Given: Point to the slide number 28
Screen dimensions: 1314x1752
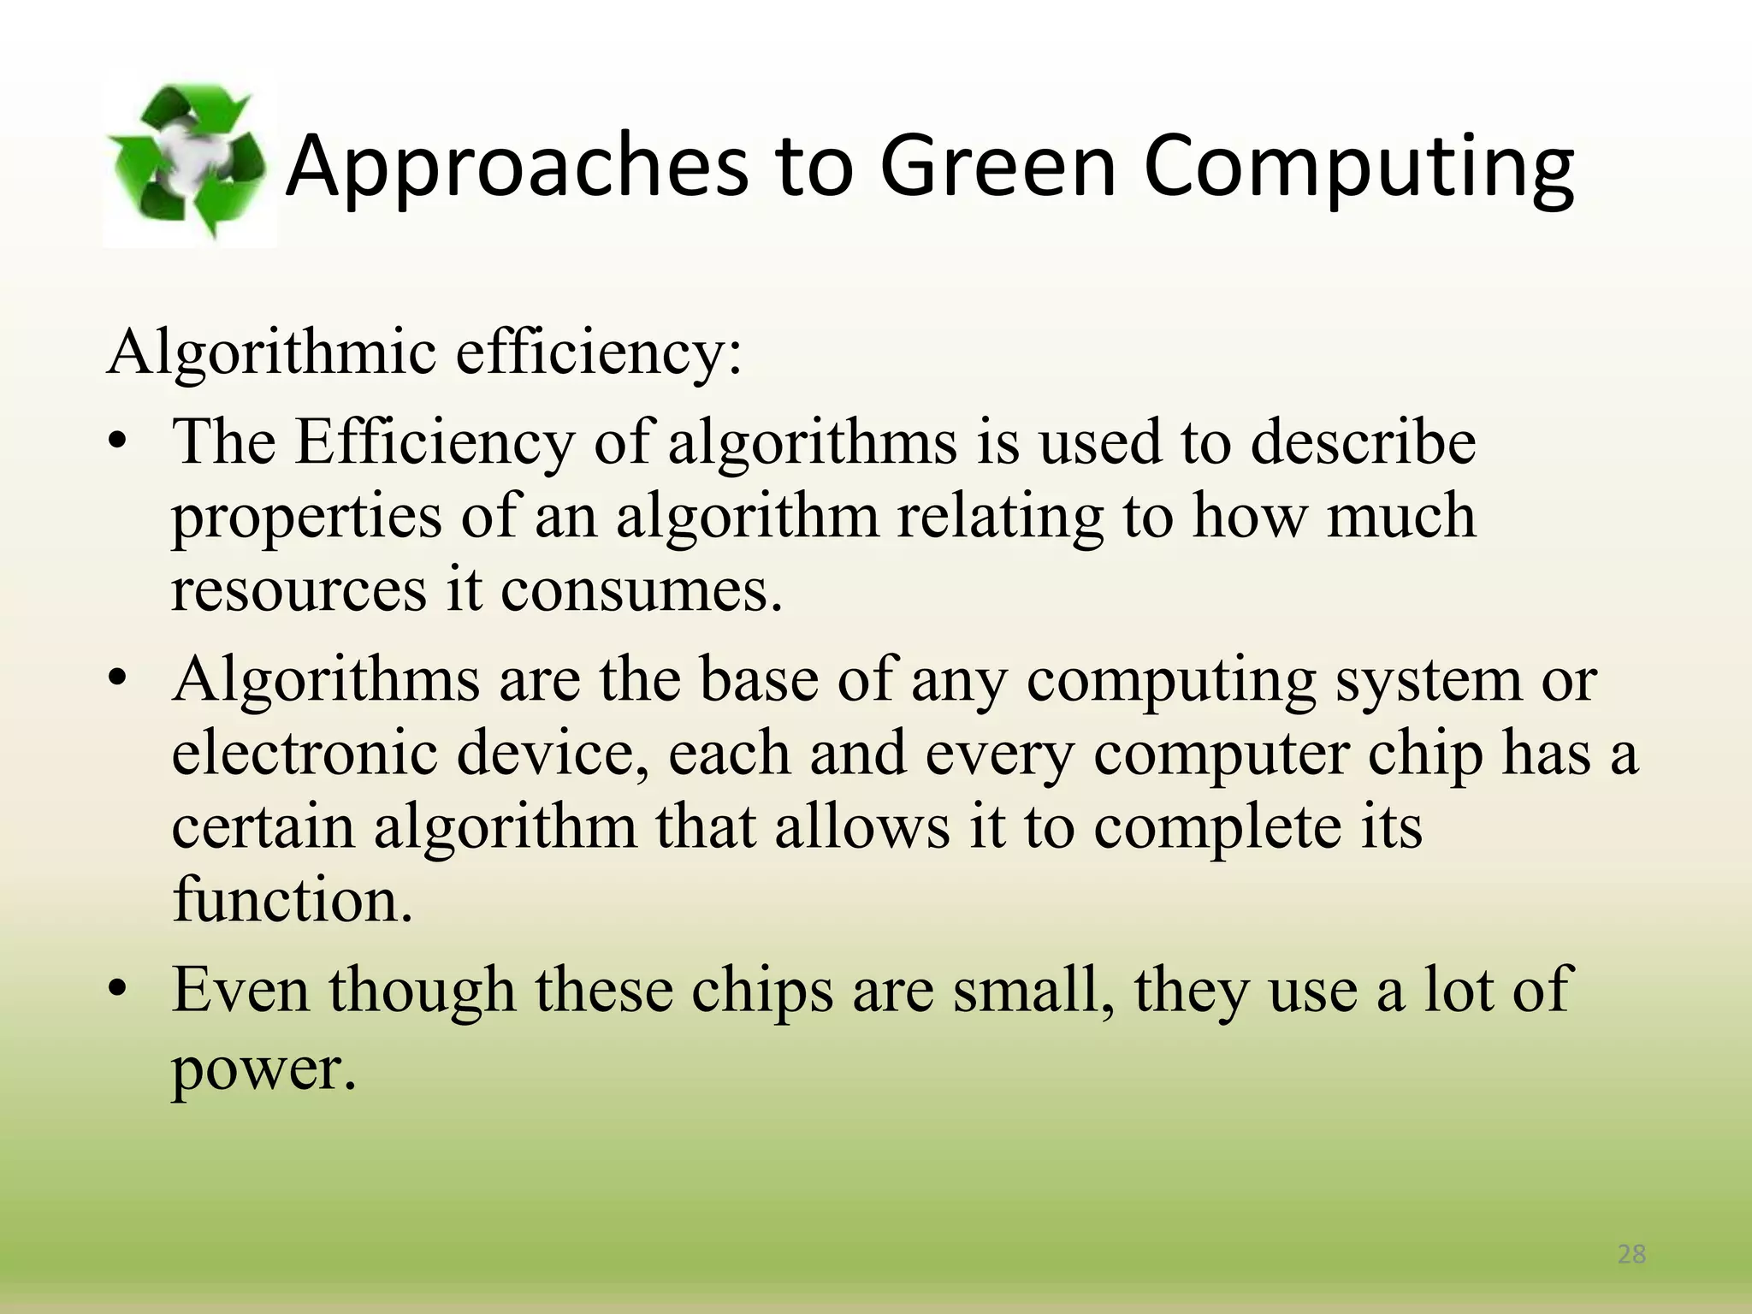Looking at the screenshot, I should tap(1631, 1254).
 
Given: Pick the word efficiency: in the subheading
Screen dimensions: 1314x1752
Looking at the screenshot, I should tap(598, 352).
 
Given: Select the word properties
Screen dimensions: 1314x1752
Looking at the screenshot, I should tap(307, 518).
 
